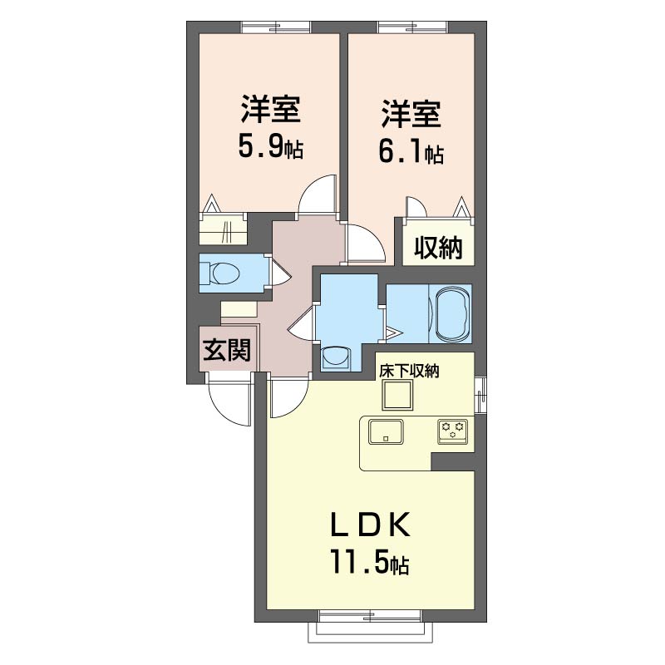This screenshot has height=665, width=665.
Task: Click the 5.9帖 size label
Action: (x=271, y=148)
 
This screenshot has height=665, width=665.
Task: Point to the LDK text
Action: (x=370, y=525)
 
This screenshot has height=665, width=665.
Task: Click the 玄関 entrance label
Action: (x=227, y=350)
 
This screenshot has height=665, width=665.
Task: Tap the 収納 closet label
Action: (x=438, y=247)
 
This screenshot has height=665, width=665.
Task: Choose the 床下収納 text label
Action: (x=409, y=372)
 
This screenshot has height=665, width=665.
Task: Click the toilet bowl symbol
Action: (x=220, y=273)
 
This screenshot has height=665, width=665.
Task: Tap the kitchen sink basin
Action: (x=386, y=431)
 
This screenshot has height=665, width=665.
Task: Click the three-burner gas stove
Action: (x=453, y=431)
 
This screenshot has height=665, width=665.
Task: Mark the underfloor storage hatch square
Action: (x=398, y=395)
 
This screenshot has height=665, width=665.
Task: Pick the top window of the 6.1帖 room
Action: (x=412, y=27)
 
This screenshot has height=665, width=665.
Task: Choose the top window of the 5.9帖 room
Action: (x=276, y=27)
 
